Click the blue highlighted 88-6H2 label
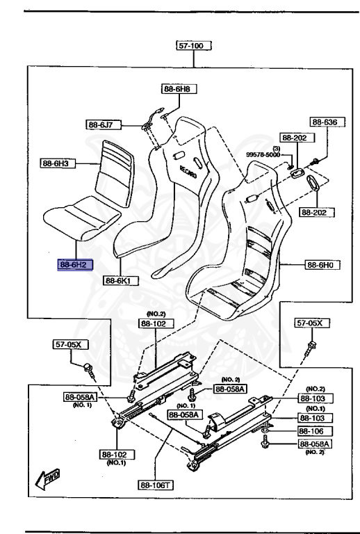75,265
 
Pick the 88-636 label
325,122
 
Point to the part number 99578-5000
261,154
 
